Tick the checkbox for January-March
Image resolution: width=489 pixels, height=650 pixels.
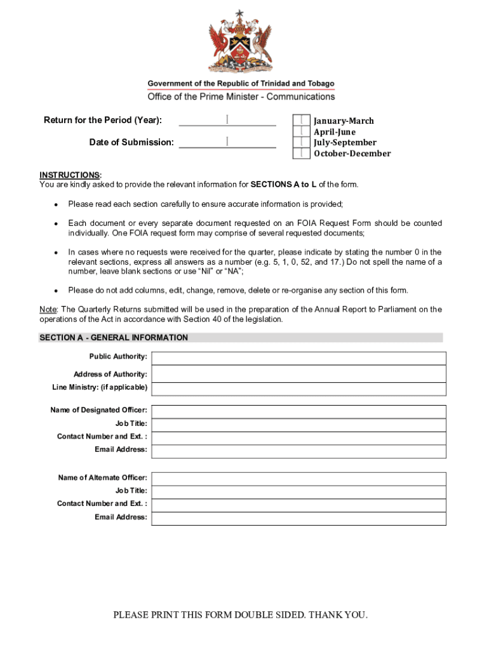tap(301, 121)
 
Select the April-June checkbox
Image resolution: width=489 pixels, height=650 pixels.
tap(301, 131)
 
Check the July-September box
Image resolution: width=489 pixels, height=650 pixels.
tap(301, 142)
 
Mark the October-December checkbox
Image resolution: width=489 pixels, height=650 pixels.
tap(301, 153)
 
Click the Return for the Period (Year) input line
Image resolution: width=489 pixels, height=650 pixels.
tap(227, 120)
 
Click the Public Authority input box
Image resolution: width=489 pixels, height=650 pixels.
tap(298, 358)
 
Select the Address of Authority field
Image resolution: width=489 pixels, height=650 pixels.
tap(298, 374)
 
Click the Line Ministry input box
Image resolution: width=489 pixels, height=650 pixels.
tap(298, 388)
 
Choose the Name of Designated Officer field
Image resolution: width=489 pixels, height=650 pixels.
tap(298, 411)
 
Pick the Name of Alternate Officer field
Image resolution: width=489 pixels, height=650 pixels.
tap(298, 479)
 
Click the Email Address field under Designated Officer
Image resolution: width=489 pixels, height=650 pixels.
tap(298, 451)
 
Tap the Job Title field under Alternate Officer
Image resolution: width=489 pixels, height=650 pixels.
tap(298, 492)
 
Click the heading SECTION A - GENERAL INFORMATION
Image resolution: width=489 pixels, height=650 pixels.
tap(114, 338)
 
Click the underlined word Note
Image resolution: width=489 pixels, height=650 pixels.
tap(48, 309)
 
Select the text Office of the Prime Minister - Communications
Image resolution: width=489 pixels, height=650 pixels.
tap(241, 96)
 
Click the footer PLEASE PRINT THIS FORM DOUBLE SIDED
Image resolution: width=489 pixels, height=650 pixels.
tap(241, 614)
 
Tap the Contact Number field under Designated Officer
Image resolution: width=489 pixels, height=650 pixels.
tap(298, 438)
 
